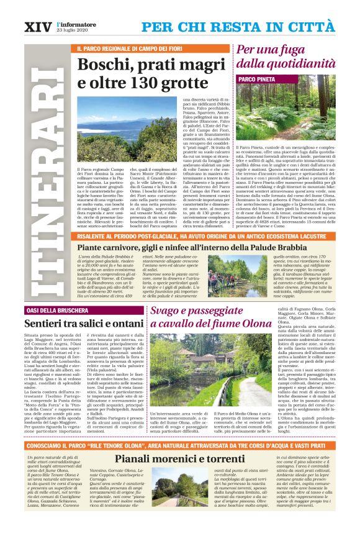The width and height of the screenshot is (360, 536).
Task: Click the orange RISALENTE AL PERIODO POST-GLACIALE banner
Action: pyautogui.click(x=183, y=237)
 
